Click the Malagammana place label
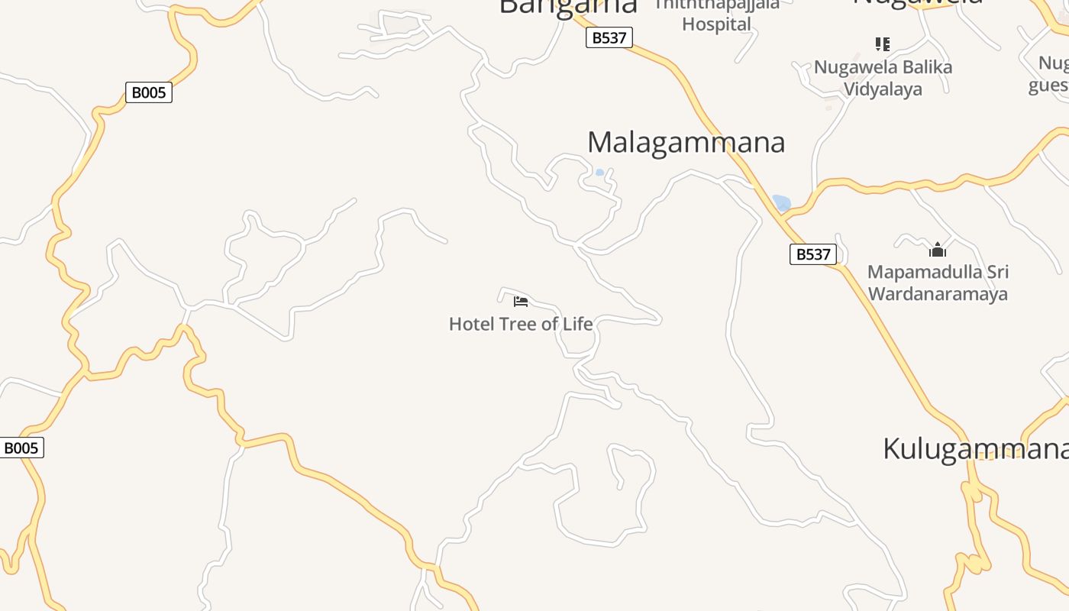pyautogui.click(x=686, y=143)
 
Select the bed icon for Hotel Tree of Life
pyautogui.click(x=521, y=302)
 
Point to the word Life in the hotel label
pyautogui.click(x=578, y=324)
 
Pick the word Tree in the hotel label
pyautogui.click(x=519, y=324)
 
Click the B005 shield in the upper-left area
pyautogui.click(x=149, y=93)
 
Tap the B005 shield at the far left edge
pyautogui.click(x=21, y=448)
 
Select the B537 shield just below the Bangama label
pyautogui.click(x=609, y=37)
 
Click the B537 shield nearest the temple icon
pyautogui.click(x=813, y=254)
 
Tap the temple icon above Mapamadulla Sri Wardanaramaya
pyautogui.click(x=938, y=250)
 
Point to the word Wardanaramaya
pyautogui.click(x=938, y=294)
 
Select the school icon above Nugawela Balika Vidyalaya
pyautogui.click(x=883, y=44)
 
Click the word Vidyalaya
pyautogui.click(x=883, y=89)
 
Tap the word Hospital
pyautogui.click(x=716, y=24)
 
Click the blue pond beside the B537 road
pyautogui.click(x=781, y=203)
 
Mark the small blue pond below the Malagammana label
pyautogui.click(x=599, y=173)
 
